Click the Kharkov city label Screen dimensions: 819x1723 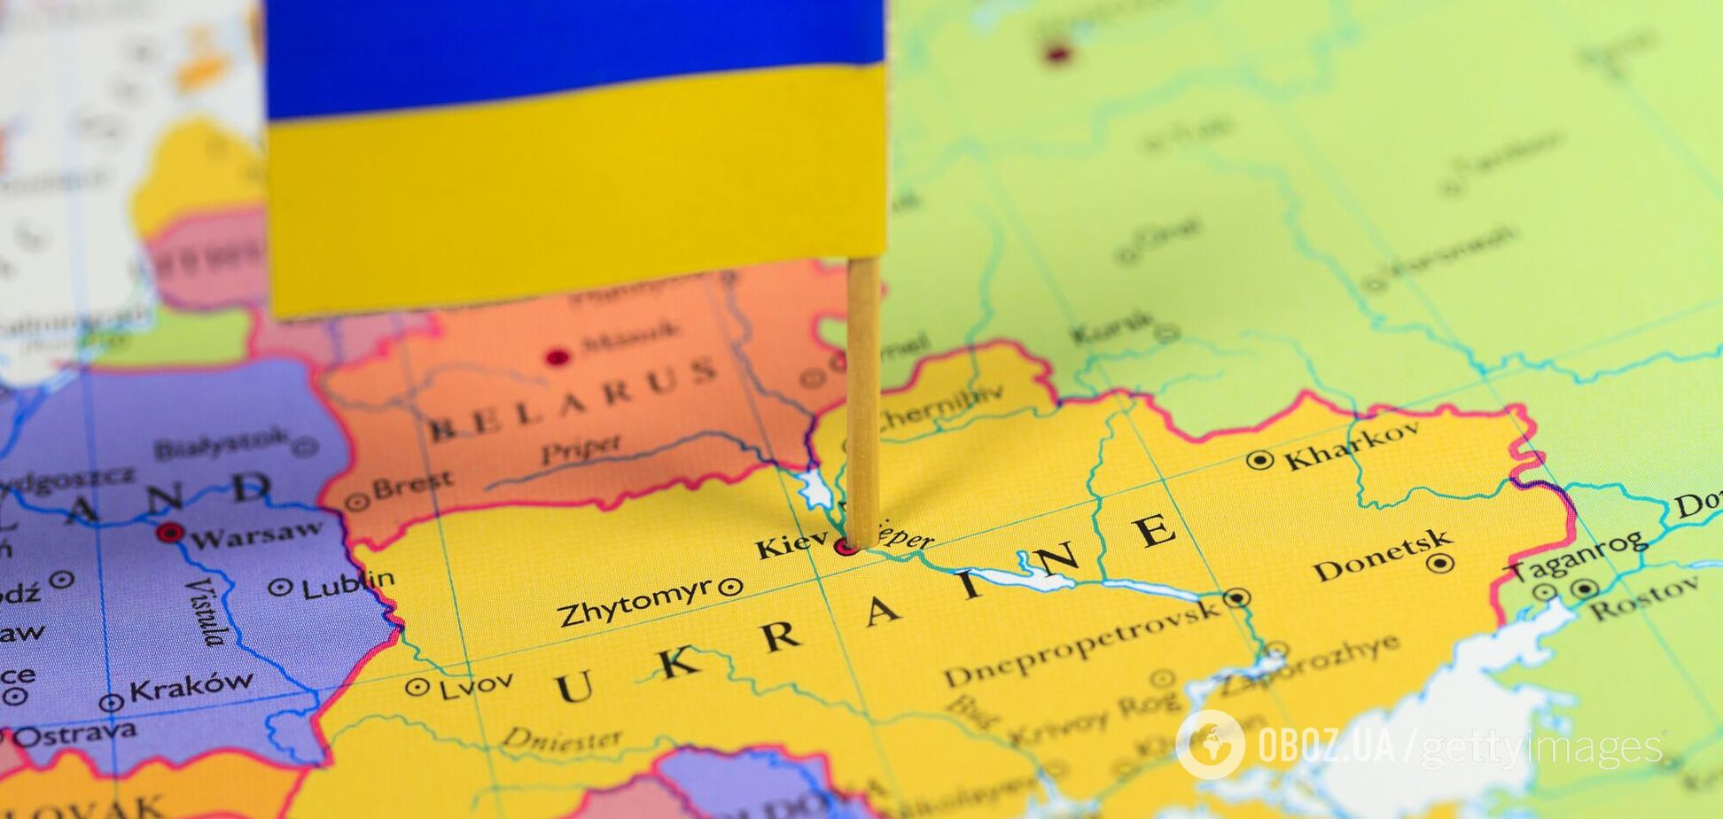click(x=1352, y=445)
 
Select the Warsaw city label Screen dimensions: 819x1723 click(x=257, y=534)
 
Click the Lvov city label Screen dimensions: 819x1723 click(x=476, y=683)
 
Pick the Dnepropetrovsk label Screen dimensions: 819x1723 click(x=1081, y=643)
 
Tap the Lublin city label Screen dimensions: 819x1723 click(x=347, y=584)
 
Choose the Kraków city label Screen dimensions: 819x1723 click(x=191, y=687)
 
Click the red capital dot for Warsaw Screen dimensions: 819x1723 click(x=169, y=533)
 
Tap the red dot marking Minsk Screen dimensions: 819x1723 click(x=557, y=357)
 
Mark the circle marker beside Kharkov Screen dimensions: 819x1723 click(x=1259, y=460)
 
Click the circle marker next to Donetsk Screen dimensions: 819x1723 click(x=1440, y=563)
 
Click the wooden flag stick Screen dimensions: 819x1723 click(x=862, y=399)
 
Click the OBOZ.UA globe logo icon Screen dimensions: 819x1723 click(x=1210, y=744)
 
